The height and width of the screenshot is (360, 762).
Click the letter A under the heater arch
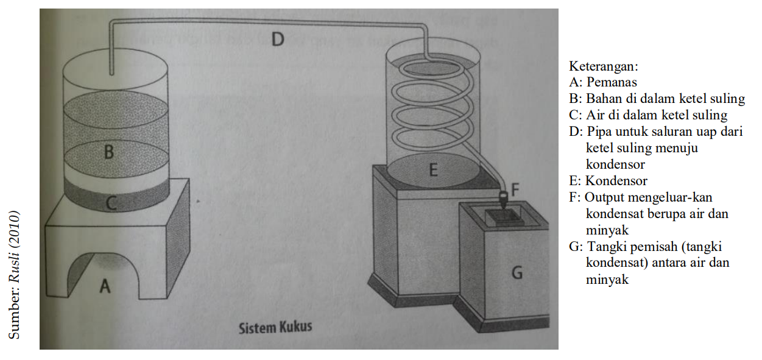[105, 285]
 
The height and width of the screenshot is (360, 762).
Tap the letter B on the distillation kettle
[108, 150]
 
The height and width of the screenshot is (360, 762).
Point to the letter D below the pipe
[277, 40]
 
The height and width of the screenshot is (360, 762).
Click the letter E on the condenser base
[433, 169]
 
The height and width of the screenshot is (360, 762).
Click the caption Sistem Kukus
[275, 327]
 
